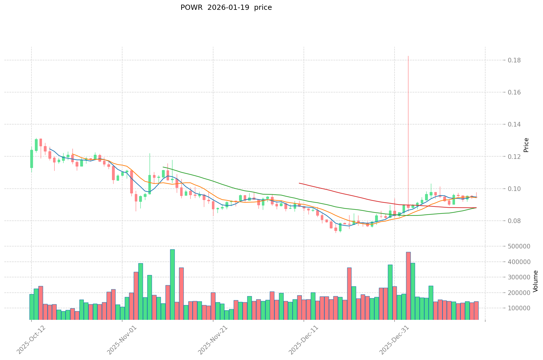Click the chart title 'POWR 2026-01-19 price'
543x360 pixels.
226,8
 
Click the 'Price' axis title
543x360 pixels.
526,145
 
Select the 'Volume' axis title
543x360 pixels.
535,281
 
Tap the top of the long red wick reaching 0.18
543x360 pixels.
408,56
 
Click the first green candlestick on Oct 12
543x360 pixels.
31,159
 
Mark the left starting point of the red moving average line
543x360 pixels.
299,183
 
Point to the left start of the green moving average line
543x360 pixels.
163,167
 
